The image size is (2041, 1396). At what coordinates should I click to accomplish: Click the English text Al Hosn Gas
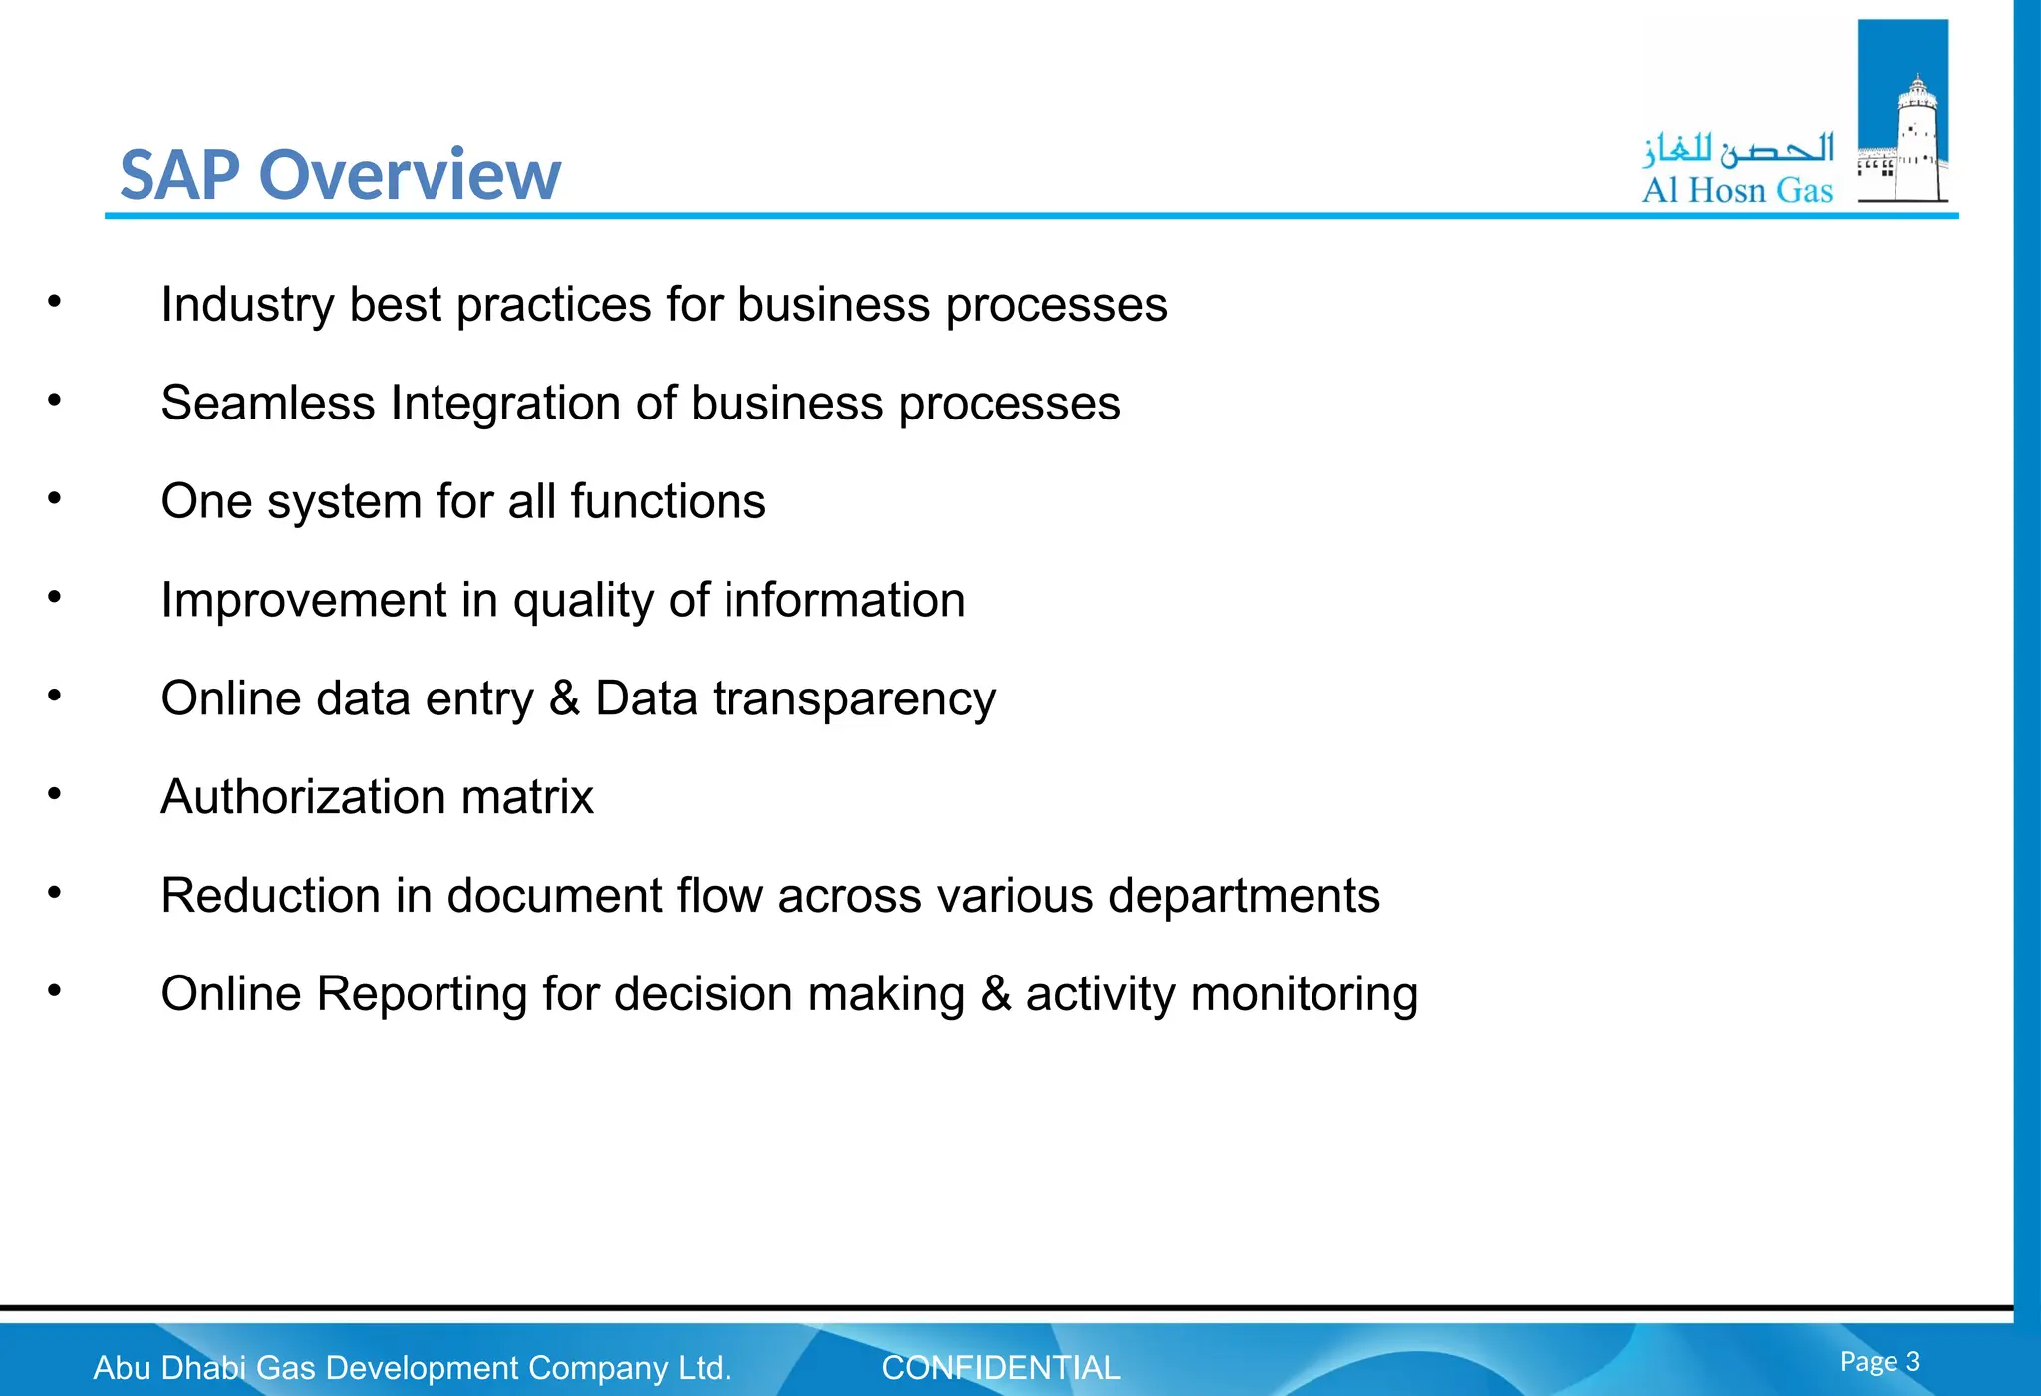(1737, 190)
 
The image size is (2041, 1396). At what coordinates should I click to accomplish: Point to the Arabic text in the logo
(1738, 149)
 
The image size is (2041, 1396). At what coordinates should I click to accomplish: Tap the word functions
(668, 501)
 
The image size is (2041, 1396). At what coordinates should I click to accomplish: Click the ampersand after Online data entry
(564, 698)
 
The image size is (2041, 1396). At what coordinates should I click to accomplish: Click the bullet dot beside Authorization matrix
(55, 794)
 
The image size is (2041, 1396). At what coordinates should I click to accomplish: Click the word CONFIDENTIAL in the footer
(1001, 1368)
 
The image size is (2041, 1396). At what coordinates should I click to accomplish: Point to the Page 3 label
(1879, 1361)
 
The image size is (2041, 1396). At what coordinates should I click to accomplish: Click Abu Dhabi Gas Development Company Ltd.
(412, 1368)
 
